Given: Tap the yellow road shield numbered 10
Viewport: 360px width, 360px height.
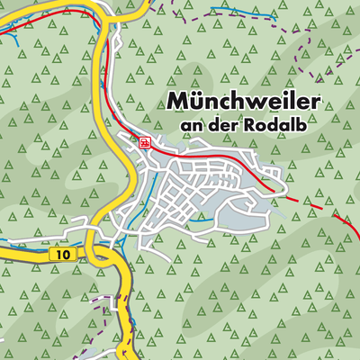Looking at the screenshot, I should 58,256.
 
